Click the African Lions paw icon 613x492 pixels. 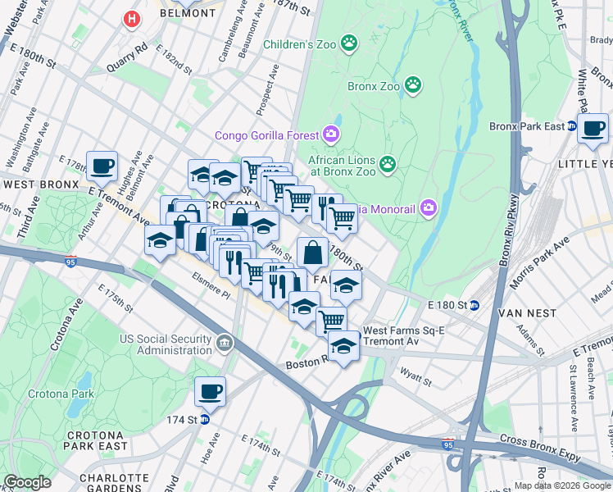(x=387, y=164)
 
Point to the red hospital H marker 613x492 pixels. (x=129, y=18)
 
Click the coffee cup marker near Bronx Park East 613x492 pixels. (x=593, y=129)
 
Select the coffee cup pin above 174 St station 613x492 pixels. (x=210, y=392)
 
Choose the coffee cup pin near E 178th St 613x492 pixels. (x=102, y=166)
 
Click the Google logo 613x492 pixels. (x=28, y=482)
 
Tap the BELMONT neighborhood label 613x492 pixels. (x=187, y=13)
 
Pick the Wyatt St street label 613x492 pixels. (x=415, y=379)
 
